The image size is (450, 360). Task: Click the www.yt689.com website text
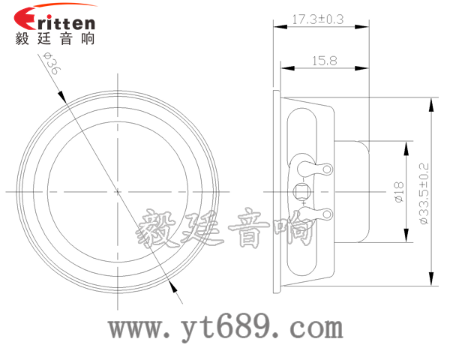pos(226,328)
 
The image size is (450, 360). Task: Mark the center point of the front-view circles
pos(118,192)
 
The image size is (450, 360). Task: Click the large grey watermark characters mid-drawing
pos(226,229)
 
